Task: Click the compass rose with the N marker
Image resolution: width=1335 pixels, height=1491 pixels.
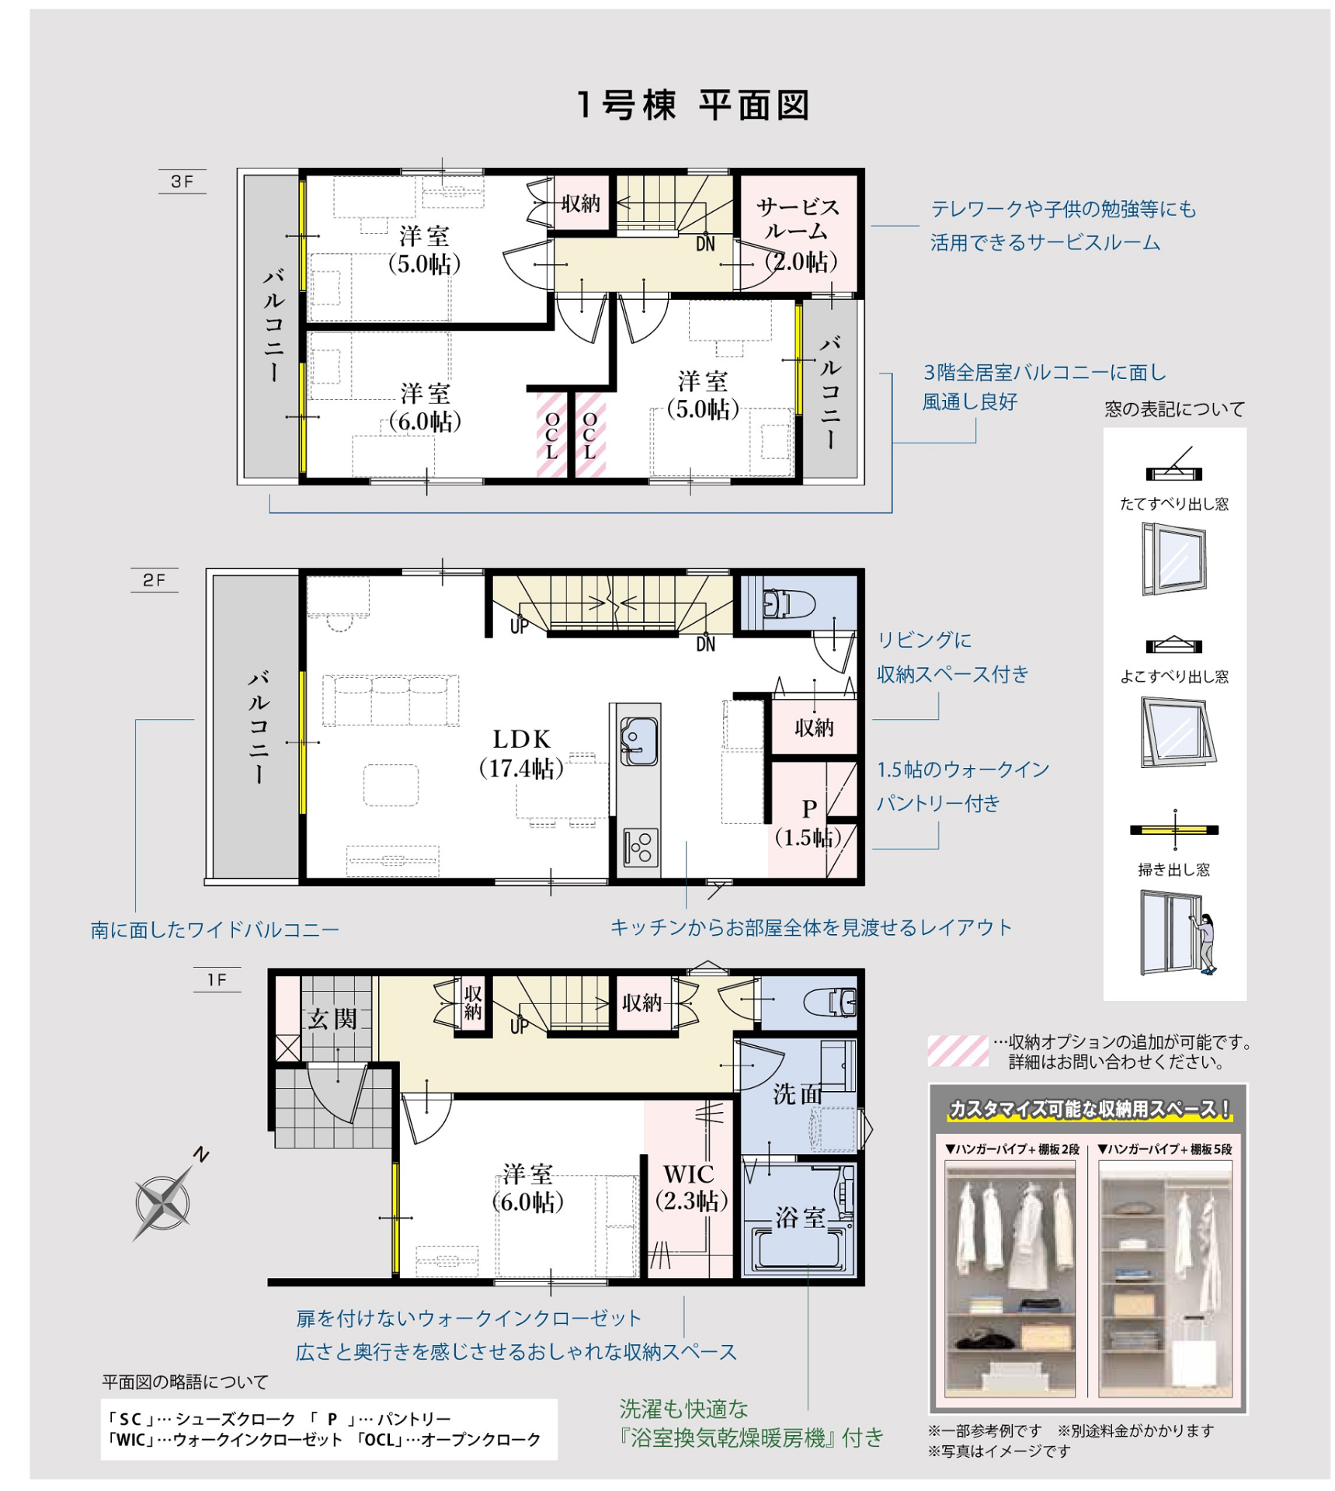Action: (164, 1202)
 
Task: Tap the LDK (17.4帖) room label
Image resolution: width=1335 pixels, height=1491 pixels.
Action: (521, 753)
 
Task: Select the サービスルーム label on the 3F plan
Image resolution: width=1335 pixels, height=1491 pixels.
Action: (798, 219)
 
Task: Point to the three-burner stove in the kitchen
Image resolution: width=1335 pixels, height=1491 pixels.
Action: (641, 846)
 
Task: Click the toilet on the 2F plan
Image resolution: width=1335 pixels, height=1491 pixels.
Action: (787, 603)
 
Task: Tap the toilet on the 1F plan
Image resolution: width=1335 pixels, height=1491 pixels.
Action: (830, 1003)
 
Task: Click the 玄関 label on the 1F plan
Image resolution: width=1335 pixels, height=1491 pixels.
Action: (332, 1019)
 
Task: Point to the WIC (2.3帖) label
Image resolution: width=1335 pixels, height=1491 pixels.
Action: (690, 1187)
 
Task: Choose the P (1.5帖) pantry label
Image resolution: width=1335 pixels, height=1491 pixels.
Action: (808, 823)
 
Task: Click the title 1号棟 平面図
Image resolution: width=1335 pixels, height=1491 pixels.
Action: (693, 106)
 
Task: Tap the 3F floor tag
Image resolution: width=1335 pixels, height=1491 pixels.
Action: (183, 182)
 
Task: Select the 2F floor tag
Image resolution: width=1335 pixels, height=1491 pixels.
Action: (155, 580)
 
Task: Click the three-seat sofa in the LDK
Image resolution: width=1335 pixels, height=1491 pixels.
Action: (391, 700)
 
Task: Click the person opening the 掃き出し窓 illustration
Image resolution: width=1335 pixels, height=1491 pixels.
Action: (1206, 944)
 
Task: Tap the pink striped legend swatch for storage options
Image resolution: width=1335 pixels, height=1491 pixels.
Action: (958, 1051)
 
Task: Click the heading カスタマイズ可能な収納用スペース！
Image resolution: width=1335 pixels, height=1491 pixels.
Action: (1090, 1109)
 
